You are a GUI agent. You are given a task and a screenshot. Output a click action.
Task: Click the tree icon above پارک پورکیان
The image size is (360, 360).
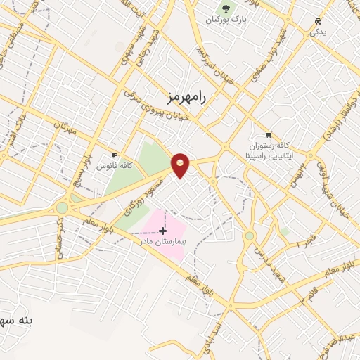pos(225,8)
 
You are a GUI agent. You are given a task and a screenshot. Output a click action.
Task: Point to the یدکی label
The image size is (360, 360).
pos(319,33)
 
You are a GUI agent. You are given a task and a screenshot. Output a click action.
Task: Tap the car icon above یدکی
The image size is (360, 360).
pos(319,20)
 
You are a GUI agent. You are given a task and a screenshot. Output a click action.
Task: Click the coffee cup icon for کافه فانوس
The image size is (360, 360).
pos(114,155)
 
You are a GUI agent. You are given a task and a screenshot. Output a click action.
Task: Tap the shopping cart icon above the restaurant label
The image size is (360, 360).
pos(268,134)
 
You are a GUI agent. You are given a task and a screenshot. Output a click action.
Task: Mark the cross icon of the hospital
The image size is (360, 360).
pos(162,231)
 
